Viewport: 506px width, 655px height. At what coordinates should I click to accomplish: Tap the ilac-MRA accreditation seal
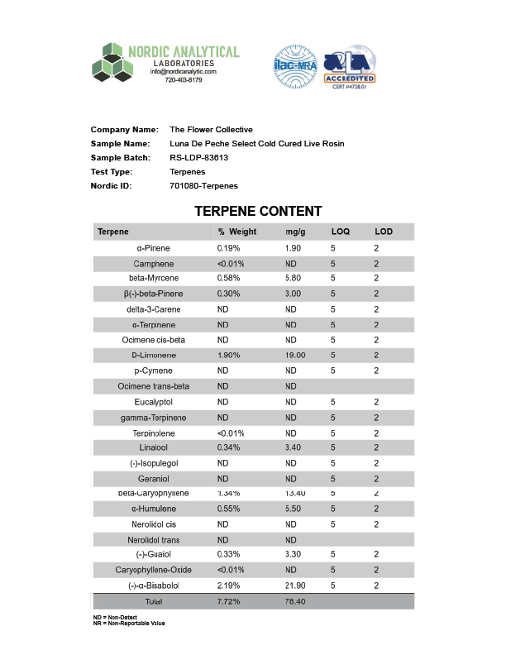coord(295,66)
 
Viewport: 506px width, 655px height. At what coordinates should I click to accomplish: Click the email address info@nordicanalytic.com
coord(183,72)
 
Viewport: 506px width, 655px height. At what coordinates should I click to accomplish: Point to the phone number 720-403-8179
coord(183,80)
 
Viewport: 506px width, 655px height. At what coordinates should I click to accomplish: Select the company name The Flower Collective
coord(211,130)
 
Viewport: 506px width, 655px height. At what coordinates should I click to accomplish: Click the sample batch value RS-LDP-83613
coord(198,157)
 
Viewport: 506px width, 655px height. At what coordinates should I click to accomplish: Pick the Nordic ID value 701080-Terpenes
coord(203,186)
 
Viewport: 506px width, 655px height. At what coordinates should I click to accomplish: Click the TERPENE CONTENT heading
coord(258,211)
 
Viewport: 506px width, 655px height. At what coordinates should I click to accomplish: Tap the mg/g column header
coord(295,232)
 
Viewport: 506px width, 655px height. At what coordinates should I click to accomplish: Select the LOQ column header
coord(341,232)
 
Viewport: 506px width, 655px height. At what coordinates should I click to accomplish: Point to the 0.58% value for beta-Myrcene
coord(229,278)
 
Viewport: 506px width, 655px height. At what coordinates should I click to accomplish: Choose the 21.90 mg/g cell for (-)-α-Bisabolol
coord(295,586)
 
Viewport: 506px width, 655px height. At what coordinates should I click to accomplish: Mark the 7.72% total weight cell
coord(229,601)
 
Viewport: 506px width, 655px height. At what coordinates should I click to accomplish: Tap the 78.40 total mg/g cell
coord(295,601)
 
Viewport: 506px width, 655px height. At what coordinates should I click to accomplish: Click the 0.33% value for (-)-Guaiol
coord(229,555)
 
